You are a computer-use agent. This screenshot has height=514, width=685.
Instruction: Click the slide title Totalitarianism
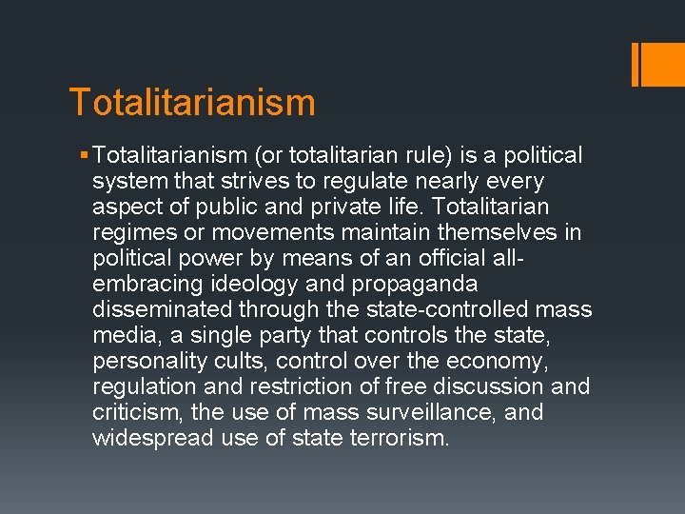[x=192, y=102]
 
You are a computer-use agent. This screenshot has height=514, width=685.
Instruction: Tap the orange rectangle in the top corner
[x=654, y=64]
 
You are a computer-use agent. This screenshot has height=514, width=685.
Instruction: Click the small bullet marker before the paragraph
[x=85, y=155]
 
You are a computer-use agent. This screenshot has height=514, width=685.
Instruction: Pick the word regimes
[x=134, y=232]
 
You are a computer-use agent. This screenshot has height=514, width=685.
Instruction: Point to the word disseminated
[x=163, y=309]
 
